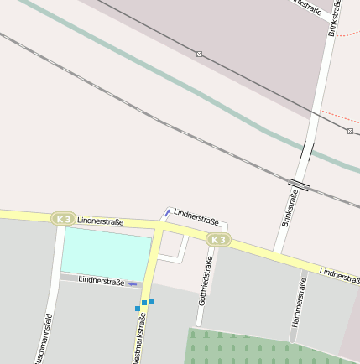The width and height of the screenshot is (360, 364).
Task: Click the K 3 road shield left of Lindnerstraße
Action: (63, 219)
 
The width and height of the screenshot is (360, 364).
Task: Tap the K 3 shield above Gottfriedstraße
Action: (217, 240)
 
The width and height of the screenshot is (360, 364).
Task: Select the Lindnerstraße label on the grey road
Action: (101, 282)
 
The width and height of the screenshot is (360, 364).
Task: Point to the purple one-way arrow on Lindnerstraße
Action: (133, 284)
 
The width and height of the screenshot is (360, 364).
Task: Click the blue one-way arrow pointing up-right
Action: (167, 213)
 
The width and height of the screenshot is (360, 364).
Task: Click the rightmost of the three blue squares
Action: (152, 301)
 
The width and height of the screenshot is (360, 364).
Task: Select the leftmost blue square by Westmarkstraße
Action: (138, 308)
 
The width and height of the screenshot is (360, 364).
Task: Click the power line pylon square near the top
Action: (199, 54)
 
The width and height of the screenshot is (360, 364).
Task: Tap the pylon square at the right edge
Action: (350, 131)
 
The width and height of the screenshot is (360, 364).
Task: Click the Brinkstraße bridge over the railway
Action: (299, 184)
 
